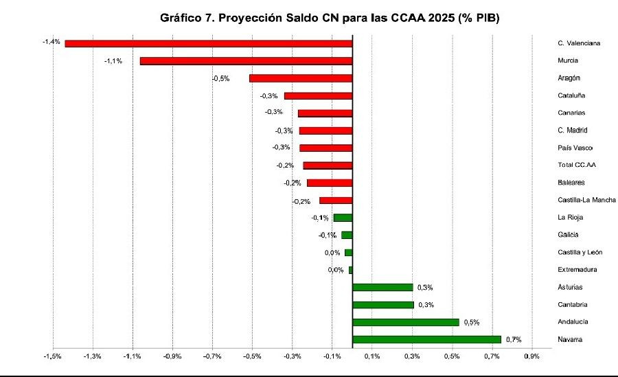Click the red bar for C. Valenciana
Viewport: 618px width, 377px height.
(x=208, y=43)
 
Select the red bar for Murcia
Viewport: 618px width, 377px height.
(x=246, y=61)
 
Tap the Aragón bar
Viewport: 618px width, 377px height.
(x=301, y=78)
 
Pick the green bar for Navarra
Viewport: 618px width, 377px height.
(x=426, y=339)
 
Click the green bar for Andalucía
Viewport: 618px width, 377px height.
(x=405, y=322)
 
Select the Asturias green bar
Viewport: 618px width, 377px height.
(x=382, y=287)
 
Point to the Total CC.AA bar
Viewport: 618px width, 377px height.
(x=328, y=165)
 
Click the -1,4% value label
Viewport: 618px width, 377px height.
(x=51, y=43)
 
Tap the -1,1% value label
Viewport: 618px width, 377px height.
(x=113, y=61)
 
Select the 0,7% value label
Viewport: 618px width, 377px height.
(x=514, y=339)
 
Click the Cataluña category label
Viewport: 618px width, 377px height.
(x=572, y=95)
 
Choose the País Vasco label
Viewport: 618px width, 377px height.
(x=575, y=148)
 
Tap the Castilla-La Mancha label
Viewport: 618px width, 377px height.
(x=586, y=200)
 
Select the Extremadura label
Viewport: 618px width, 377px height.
(x=577, y=270)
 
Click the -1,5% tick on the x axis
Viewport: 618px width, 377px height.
(x=52, y=356)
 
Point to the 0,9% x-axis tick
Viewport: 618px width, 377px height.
(x=531, y=356)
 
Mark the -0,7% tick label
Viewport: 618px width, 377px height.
(x=212, y=356)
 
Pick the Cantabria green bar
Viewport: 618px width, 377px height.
(x=383, y=305)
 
